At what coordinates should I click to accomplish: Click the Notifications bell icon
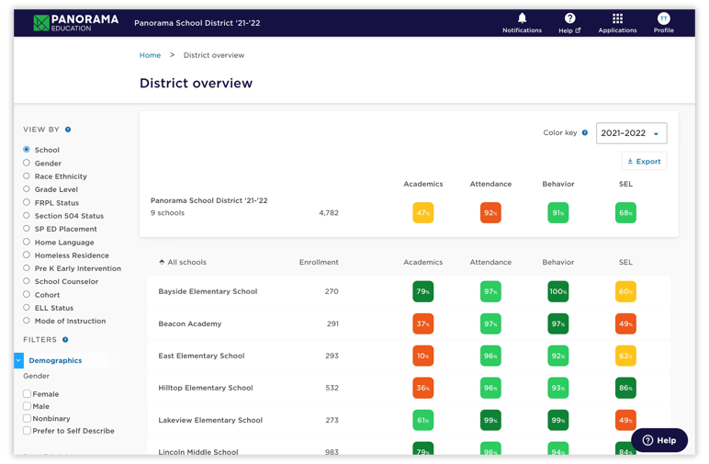522,18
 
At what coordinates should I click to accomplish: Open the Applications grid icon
617,18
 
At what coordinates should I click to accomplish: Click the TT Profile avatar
663,18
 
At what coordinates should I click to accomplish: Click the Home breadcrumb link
150,55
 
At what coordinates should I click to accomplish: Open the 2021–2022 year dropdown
631,133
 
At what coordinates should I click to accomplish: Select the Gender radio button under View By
27,163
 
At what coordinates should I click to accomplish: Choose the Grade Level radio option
27,189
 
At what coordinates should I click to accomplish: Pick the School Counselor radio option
27,281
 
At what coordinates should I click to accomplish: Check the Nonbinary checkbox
27,418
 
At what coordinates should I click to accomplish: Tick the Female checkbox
27,394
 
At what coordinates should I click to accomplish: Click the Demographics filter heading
55,360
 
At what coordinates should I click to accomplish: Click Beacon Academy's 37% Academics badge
422,323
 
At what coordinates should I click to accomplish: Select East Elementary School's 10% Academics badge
422,356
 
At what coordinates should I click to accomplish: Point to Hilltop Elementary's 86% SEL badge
625,388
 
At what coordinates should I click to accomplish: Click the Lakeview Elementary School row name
209,420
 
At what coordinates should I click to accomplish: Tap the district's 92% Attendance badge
490,212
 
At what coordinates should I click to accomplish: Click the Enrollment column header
319,262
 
